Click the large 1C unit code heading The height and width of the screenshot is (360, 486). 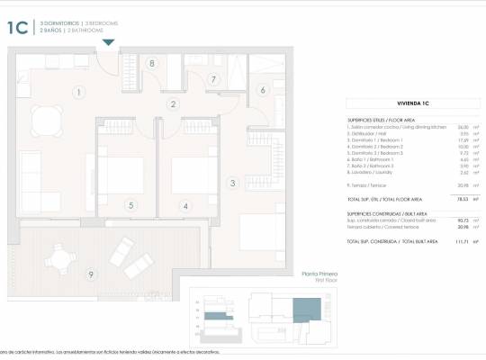click(x=18, y=27)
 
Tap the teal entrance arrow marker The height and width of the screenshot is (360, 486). click(x=109, y=41)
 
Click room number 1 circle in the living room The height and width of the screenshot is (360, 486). click(x=79, y=92)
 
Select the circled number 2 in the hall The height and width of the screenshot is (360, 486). click(x=173, y=103)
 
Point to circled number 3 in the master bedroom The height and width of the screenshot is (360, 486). click(x=232, y=184)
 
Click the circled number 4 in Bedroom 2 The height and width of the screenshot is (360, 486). click(x=186, y=205)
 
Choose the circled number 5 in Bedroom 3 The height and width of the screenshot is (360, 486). click(x=130, y=205)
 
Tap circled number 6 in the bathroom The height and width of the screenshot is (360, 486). click(x=263, y=89)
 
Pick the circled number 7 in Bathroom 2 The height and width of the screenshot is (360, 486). click(x=213, y=80)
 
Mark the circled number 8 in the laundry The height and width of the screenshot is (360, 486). click(x=152, y=63)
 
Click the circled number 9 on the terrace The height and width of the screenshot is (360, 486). click(x=90, y=274)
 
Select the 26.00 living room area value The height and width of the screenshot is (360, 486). click(x=462, y=127)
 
